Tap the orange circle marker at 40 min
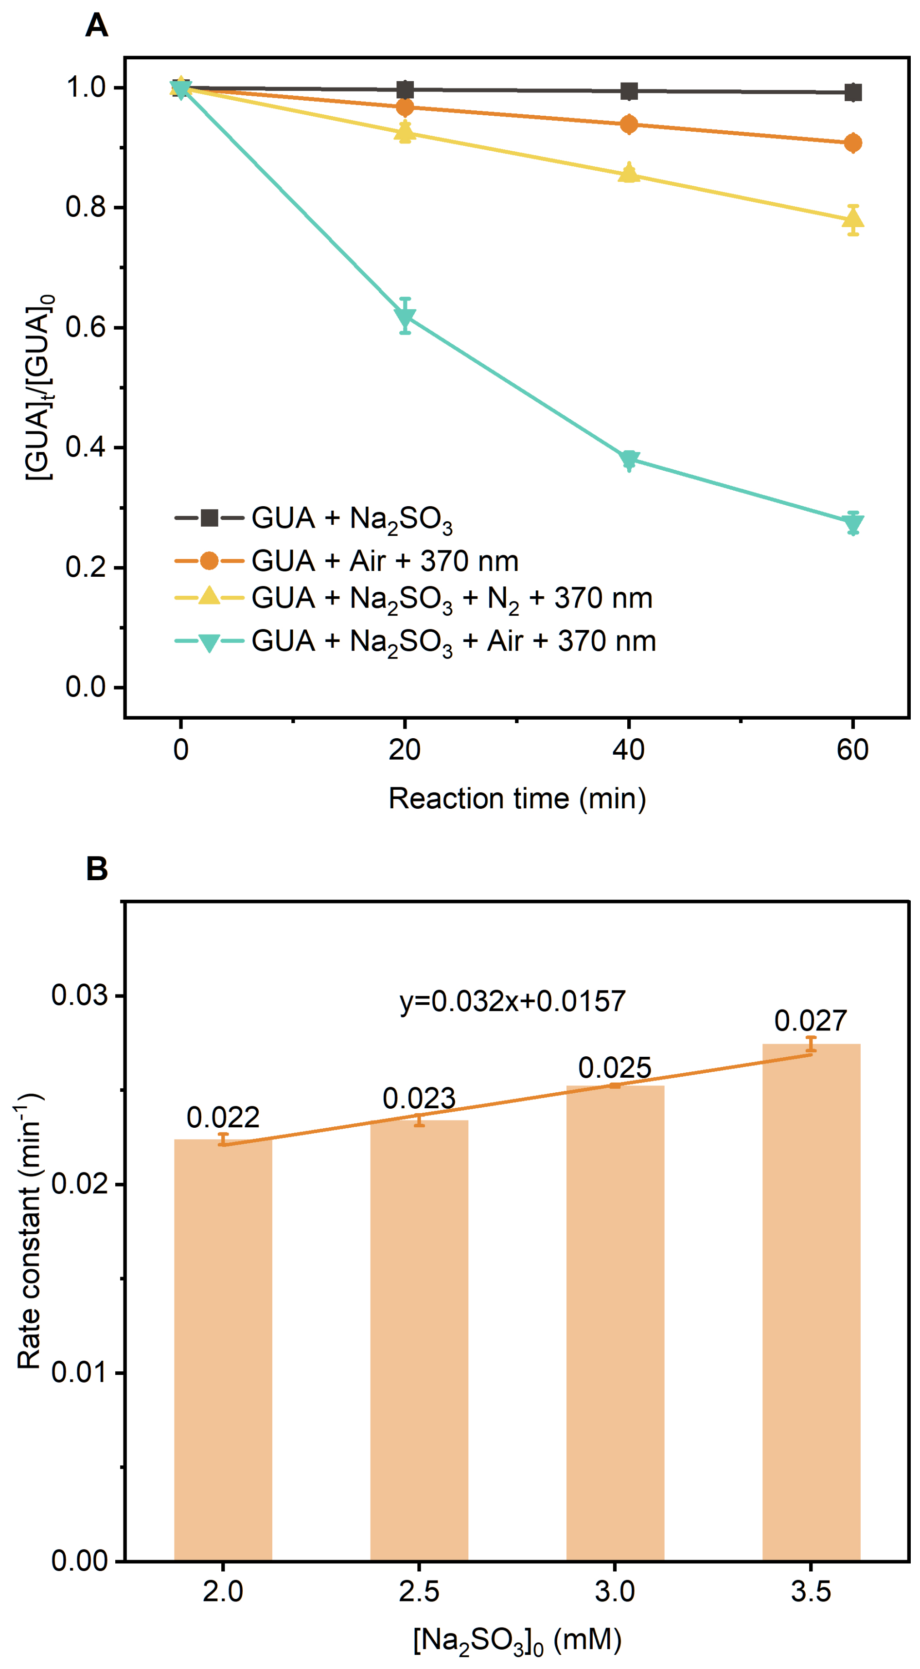(x=628, y=124)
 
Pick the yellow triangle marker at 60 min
(x=853, y=219)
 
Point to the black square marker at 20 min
(x=405, y=89)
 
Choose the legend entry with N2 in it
(x=452, y=599)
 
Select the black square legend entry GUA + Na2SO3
(x=351, y=519)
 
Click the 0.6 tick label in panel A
(x=86, y=327)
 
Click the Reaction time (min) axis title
(x=517, y=798)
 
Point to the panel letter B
(x=97, y=870)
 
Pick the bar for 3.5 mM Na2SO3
(x=811, y=1302)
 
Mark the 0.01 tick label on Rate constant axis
(x=79, y=1372)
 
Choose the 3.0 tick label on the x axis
(x=615, y=1591)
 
